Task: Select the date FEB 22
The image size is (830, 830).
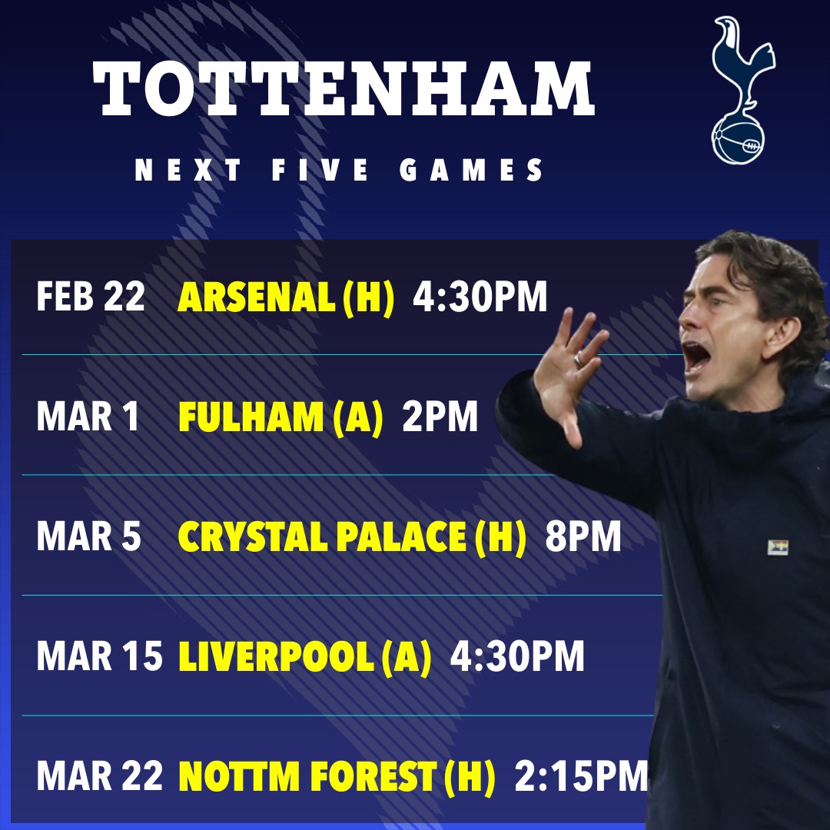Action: point(90,297)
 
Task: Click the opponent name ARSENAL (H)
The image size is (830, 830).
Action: point(286,297)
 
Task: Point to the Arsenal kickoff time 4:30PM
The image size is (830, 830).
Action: point(480,297)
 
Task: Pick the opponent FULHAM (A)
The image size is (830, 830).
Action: point(281,417)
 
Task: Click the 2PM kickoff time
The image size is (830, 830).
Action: point(440,417)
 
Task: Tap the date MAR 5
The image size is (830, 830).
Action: point(88,537)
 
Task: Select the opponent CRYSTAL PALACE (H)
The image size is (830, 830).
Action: point(353,537)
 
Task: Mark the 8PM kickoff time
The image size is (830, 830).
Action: point(583,537)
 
